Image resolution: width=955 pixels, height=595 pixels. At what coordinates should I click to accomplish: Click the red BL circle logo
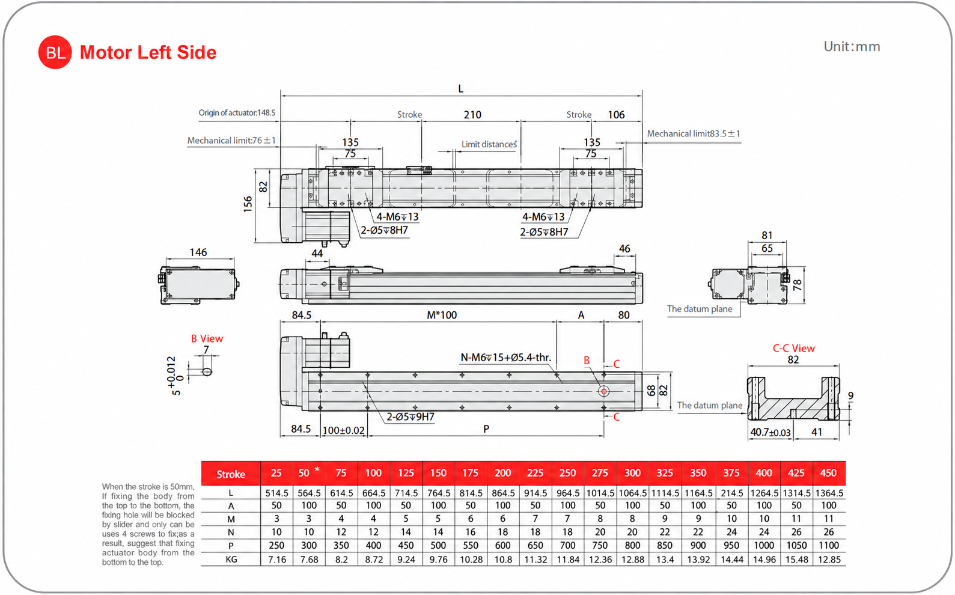55,52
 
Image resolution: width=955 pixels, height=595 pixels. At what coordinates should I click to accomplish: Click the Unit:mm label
852,46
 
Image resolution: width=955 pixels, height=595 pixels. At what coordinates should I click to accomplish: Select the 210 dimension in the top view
472,115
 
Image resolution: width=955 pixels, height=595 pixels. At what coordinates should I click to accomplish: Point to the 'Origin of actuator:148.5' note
237,112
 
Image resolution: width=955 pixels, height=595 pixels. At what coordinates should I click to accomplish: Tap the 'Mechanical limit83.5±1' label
694,133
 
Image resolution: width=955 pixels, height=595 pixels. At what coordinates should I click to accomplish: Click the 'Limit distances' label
489,144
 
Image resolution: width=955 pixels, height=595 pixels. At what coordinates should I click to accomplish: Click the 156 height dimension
248,204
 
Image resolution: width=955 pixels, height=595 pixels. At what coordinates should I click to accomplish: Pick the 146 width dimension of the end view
198,252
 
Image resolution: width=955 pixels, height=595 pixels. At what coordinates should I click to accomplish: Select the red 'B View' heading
207,338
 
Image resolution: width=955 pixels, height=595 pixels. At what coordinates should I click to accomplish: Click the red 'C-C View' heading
793,348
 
